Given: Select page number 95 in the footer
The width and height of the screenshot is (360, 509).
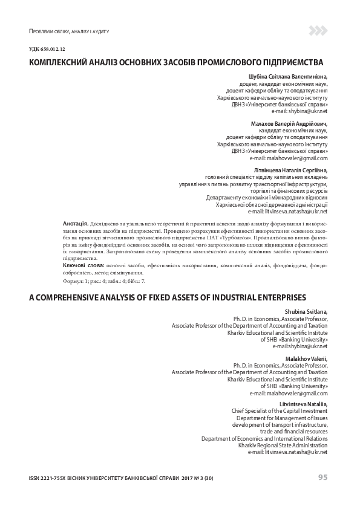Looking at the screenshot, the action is click(322, 477).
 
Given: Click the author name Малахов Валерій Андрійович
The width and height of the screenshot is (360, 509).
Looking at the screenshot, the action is click(289, 123).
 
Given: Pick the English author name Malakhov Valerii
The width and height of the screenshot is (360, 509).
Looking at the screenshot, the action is click(306, 358).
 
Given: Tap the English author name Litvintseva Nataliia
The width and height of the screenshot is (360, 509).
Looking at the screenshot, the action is click(303, 403).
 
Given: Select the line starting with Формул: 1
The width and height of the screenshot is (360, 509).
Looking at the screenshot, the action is click(103, 281).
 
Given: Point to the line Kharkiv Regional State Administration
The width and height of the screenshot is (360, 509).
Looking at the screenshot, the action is click(283, 445).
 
